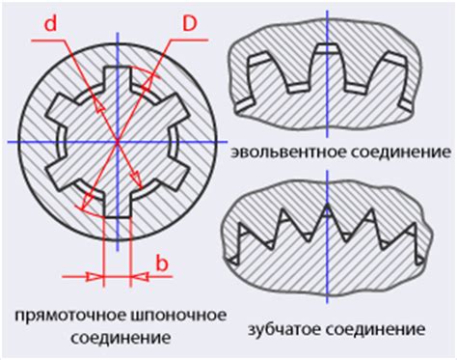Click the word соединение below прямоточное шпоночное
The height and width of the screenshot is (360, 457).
point(118,339)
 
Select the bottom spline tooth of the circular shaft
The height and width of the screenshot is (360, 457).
point(117,204)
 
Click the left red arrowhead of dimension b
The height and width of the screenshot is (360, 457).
point(94,275)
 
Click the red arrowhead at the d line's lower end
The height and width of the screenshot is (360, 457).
point(85,205)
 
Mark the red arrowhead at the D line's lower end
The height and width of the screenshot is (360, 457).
point(137,188)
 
